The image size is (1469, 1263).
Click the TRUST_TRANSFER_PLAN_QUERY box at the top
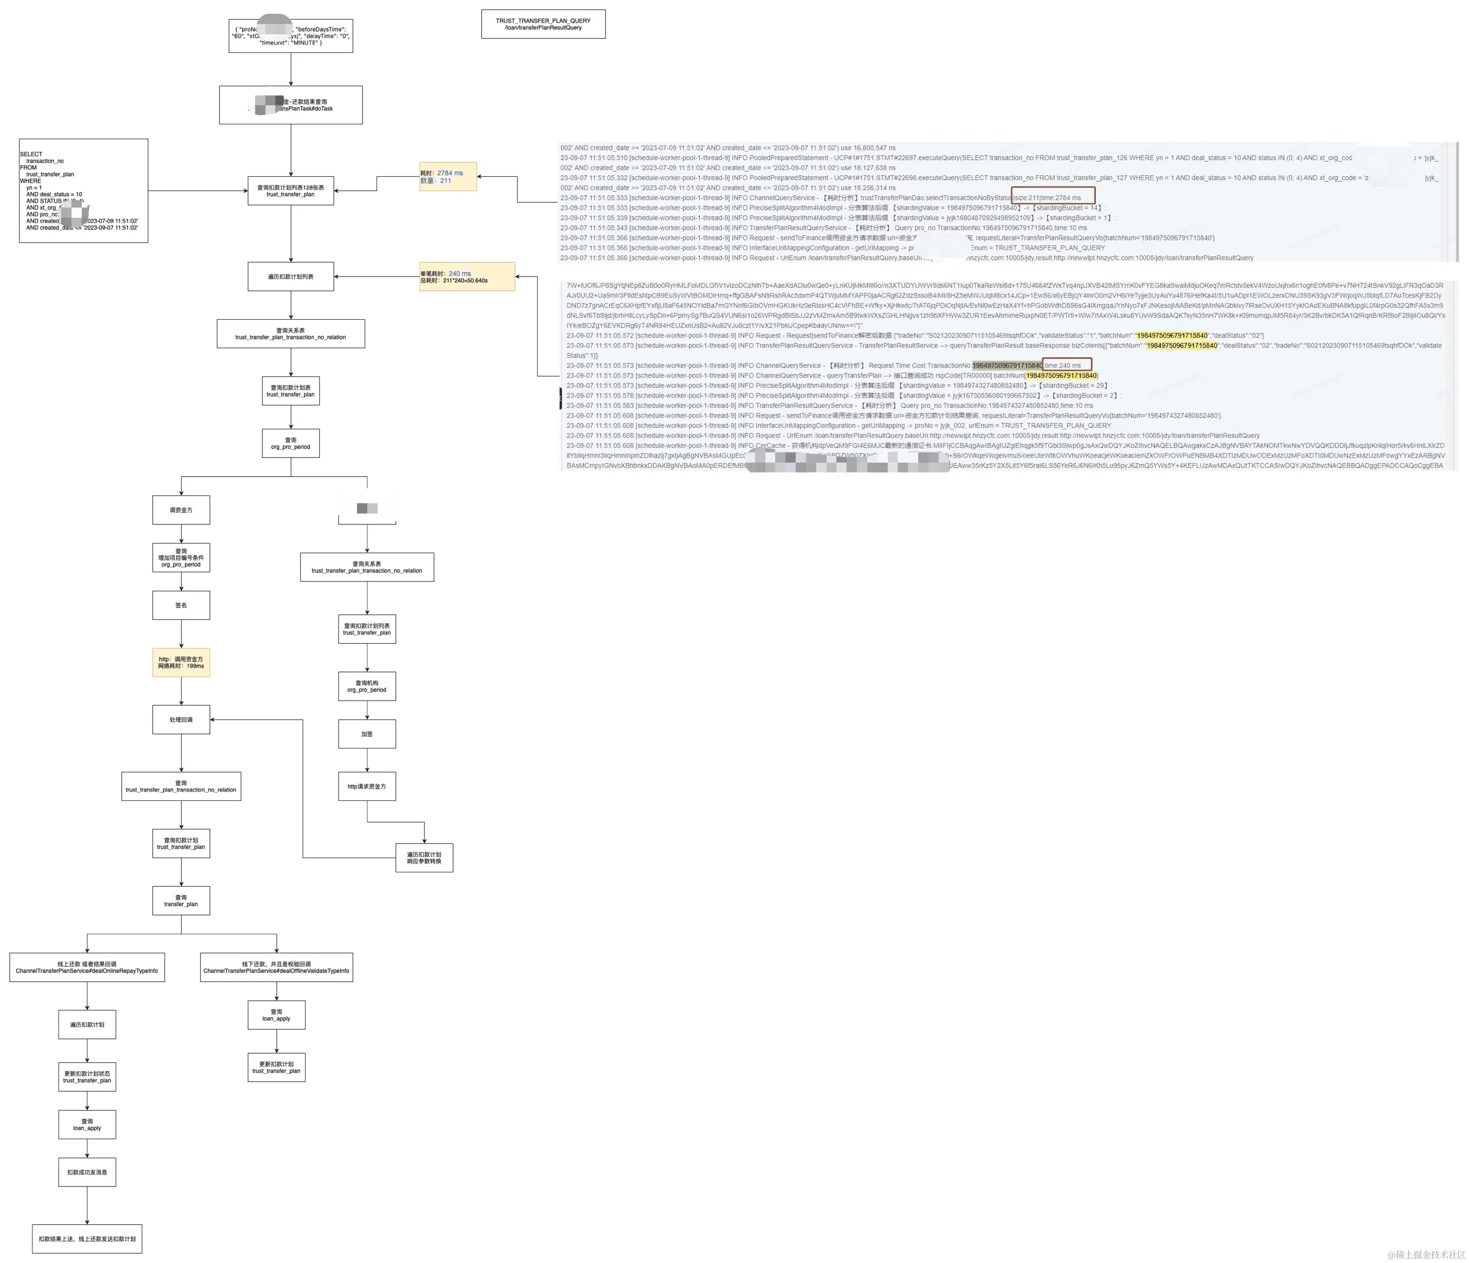[543, 24]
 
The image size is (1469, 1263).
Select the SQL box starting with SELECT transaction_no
[84, 190]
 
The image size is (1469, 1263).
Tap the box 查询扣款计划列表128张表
[291, 190]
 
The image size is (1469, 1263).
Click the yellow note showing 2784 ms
[448, 177]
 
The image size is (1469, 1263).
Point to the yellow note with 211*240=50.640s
[467, 277]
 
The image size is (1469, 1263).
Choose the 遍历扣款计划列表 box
[291, 277]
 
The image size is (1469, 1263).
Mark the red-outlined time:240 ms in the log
[1066, 365]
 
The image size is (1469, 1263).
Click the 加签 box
[367, 733]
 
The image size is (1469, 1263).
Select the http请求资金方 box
[367, 786]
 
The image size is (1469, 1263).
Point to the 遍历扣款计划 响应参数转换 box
[424, 858]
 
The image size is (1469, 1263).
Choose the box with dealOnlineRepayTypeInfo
[87, 967]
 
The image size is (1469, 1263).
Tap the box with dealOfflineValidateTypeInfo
[277, 967]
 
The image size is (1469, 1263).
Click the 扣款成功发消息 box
[87, 1172]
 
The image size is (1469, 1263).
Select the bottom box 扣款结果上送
[87, 1239]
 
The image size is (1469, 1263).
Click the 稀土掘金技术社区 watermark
[1426, 1255]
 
